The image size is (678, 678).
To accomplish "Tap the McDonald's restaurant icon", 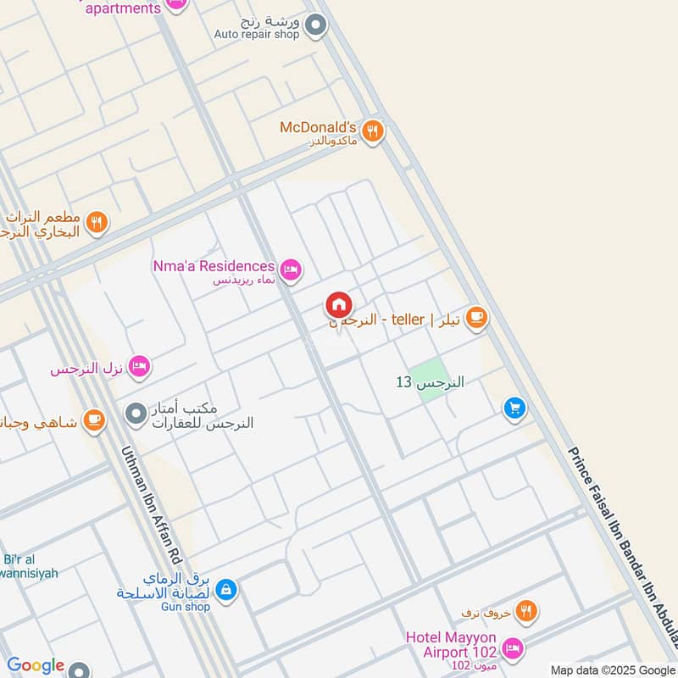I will click(372, 131).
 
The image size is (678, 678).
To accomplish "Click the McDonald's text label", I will click(318, 128).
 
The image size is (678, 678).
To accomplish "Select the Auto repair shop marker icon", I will click(316, 26).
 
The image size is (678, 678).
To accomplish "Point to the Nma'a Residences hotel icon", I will click(292, 270).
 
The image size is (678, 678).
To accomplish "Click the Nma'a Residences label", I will click(214, 266).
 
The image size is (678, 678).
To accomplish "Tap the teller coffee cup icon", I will click(476, 317).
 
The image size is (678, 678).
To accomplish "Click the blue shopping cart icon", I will click(514, 409).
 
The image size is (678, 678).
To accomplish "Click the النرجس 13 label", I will click(431, 382).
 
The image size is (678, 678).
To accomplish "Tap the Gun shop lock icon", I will click(225, 589).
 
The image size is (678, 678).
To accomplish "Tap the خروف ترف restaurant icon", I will click(526, 610).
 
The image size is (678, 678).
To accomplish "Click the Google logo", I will click(36, 666).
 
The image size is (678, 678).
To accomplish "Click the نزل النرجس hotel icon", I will click(141, 366).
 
